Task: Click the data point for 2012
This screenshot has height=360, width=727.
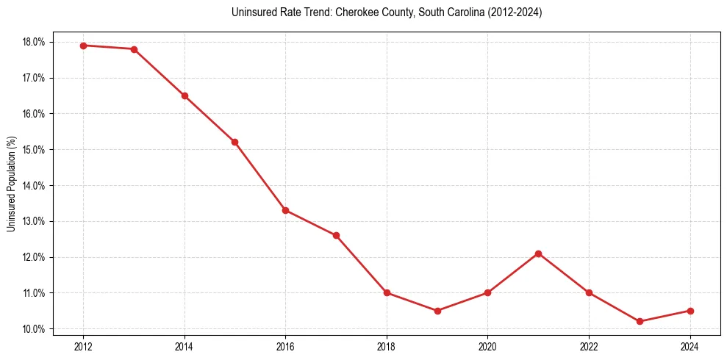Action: (83, 46)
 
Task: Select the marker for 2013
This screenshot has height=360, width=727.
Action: (134, 49)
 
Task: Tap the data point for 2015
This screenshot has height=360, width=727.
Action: (235, 142)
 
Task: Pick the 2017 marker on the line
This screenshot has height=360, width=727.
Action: (336, 235)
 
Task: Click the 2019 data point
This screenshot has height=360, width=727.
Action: (437, 311)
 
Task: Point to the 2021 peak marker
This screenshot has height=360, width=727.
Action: (539, 253)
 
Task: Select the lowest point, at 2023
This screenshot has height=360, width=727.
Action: (640, 321)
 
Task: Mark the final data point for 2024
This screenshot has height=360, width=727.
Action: (690, 311)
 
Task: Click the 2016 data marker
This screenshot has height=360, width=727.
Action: (285, 210)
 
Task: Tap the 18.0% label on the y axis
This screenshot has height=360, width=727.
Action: (35, 42)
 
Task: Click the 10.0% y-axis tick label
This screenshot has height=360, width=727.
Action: (35, 328)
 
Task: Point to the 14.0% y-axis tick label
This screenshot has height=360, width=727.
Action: (35, 185)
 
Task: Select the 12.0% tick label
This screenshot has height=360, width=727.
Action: (35, 257)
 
